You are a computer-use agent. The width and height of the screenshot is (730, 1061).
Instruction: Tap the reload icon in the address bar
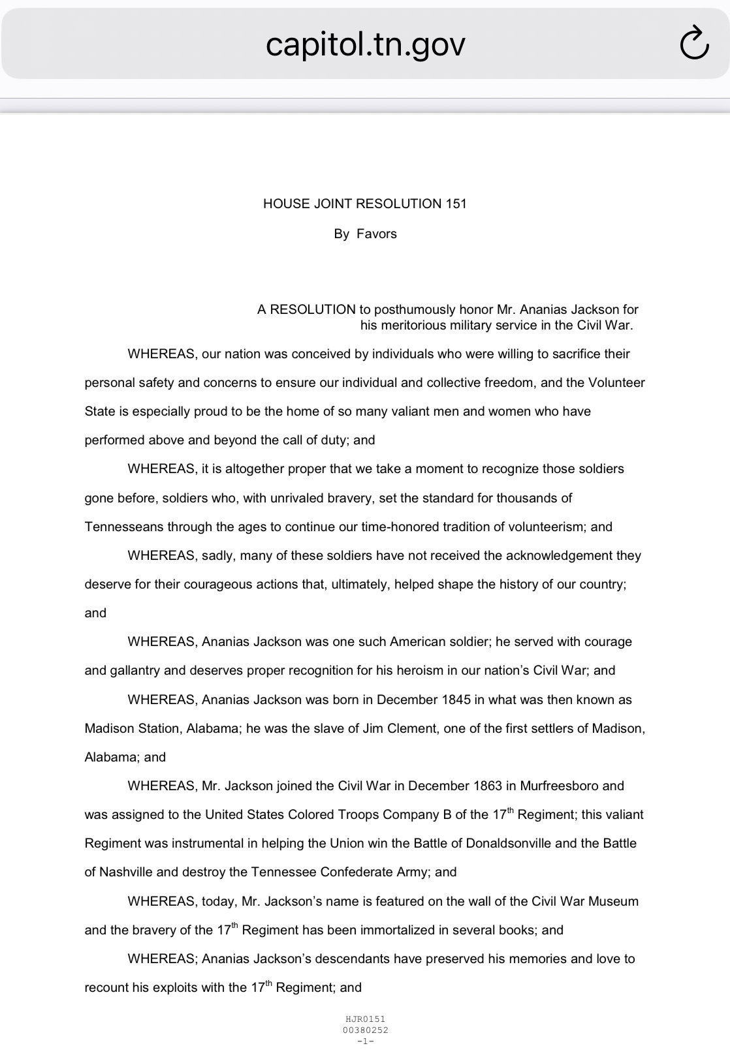pyautogui.click(x=693, y=44)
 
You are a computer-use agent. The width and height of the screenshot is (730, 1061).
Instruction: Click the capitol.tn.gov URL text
pyautogui.click(x=365, y=44)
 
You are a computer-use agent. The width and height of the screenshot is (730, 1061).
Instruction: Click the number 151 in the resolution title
pyautogui.click(x=456, y=204)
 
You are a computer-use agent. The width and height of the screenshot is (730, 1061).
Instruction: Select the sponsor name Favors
pyautogui.click(x=377, y=234)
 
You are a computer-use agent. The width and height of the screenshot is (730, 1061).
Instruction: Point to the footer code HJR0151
pyautogui.click(x=365, y=1019)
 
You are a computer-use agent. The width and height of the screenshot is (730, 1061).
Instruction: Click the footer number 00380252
pyautogui.click(x=365, y=1030)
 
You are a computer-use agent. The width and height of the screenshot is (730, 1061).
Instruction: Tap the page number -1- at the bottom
pyautogui.click(x=365, y=1041)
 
